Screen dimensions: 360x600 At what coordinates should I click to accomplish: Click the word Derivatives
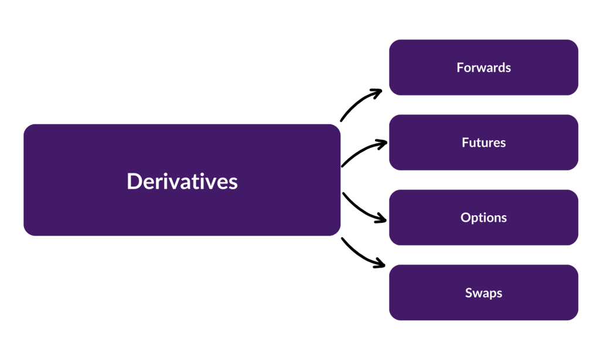(182, 181)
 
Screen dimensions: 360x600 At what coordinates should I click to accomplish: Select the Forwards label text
(483, 67)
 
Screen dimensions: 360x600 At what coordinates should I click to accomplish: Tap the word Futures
(483, 142)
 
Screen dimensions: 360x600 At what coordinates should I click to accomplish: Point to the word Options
(483, 218)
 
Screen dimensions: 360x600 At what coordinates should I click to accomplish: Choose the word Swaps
(483, 293)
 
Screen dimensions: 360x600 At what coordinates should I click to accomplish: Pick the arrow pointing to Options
(361, 209)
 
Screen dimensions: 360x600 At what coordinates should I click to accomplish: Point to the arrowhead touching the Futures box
(383, 142)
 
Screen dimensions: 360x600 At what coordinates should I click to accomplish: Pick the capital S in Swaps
(469, 293)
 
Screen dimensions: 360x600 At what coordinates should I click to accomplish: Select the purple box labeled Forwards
(527, 79)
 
